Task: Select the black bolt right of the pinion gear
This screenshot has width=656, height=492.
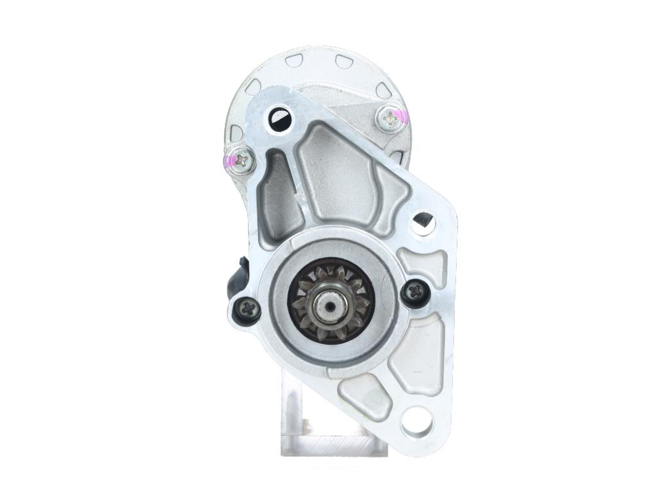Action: [413, 292]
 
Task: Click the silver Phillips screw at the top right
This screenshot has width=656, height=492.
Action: [389, 118]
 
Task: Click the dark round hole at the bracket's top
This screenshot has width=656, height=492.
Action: [280, 118]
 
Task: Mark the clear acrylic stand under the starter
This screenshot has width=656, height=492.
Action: [320, 423]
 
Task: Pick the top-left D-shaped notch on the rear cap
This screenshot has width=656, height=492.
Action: [294, 61]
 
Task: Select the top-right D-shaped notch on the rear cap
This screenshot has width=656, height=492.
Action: [343, 61]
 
